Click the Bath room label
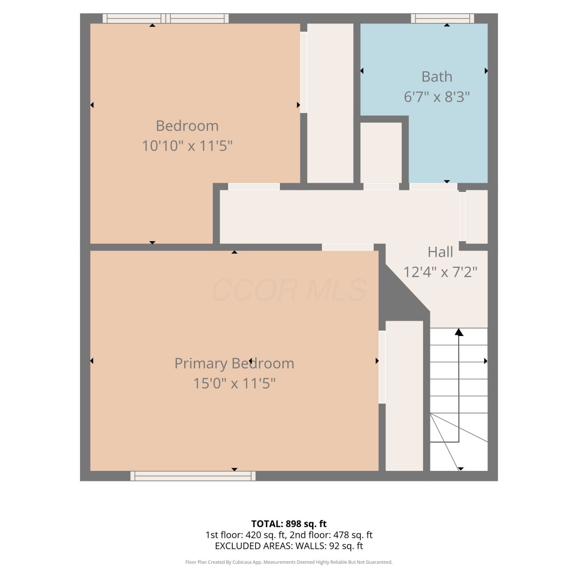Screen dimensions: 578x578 coord(437,77)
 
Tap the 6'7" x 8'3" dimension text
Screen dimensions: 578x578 coord(437,97)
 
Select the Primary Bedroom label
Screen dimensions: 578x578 coord(234,364)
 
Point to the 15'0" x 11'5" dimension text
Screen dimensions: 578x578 coord(234,383)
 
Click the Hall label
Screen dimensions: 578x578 coord(440,252)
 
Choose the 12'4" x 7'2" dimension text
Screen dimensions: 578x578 coord(440,272)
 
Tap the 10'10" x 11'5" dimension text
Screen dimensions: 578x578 coord(187,146)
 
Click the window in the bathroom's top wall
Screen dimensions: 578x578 coord(443,18)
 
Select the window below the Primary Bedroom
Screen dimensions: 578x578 coord(193,476)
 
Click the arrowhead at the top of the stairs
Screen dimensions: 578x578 coord(459,332)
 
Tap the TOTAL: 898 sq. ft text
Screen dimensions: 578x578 coord(289,524)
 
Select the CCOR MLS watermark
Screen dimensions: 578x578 coord(289,290)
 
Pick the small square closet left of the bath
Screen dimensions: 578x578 coord(381,153)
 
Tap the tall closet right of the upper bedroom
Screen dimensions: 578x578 coord(330,103)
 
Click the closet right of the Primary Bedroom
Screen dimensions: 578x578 coord(404,396)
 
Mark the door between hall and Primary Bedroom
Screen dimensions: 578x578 coord(348,247)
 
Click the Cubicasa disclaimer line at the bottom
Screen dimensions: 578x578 coord(289,562)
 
